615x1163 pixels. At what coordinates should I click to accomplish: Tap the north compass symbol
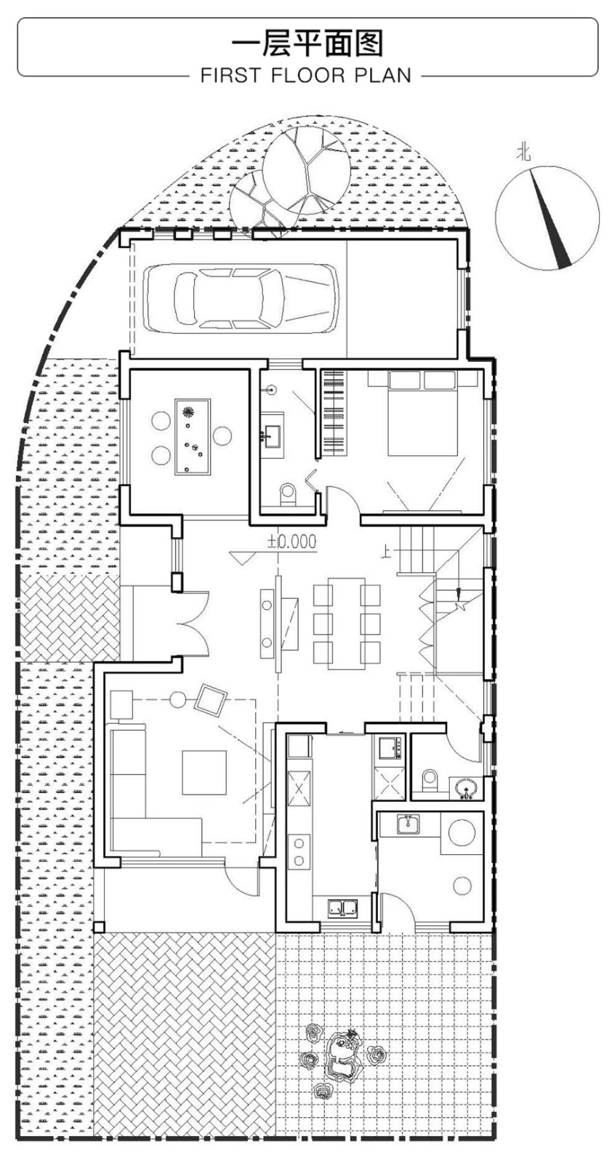[547, 218]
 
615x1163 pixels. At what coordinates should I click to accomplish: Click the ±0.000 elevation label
[292, 542]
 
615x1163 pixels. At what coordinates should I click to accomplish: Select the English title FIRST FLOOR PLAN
[306, 76]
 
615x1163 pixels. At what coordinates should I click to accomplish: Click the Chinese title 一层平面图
[307, 43]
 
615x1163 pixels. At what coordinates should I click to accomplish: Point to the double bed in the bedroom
[423, 414]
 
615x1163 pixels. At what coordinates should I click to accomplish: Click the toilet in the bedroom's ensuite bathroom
[287, 494]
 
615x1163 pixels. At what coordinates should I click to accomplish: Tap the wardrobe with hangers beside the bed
[334, 413]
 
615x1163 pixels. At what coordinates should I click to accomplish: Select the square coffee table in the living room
[204, 773]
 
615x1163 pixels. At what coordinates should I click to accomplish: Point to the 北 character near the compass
[523, 153]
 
